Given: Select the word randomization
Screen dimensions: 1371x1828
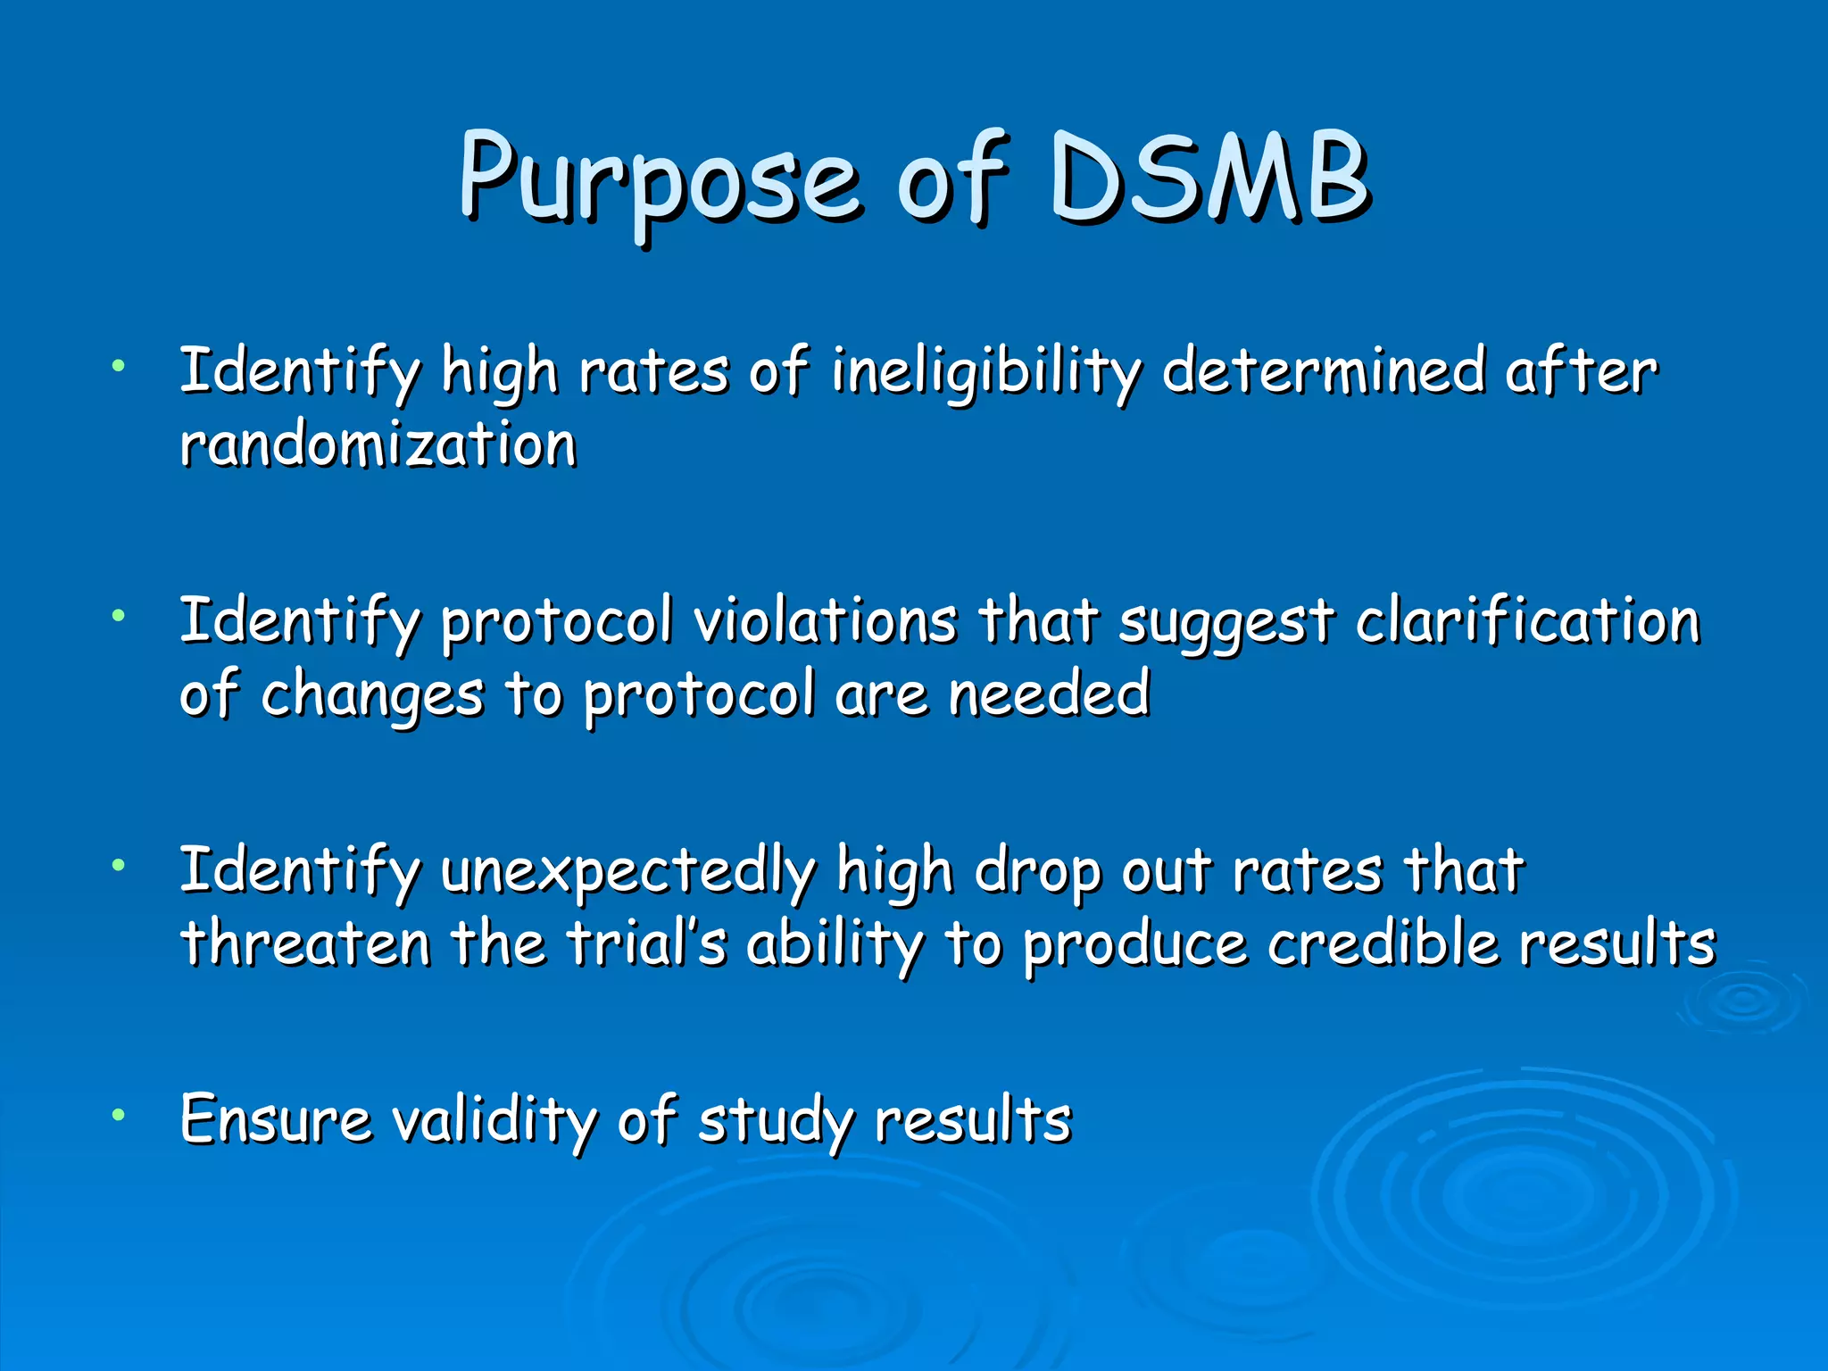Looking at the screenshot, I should coord(378,444).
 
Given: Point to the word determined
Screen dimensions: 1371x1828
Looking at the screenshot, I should coord(1324,370).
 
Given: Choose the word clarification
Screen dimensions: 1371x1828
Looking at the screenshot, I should coord(1527,620).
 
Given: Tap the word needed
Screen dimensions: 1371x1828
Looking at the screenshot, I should coord(1049,694).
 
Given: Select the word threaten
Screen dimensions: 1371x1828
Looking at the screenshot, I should coord(306,943).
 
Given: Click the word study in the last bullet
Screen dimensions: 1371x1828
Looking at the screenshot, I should coord(776,1121).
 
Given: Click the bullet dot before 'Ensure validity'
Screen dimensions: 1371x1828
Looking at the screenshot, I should coord(118,1114).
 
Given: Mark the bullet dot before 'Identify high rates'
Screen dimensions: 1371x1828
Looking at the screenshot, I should coord(118,364).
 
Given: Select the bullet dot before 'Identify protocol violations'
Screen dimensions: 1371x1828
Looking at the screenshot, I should coord(118,614).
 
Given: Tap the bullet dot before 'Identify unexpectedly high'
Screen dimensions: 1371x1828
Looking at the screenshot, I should coord(118,864).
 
